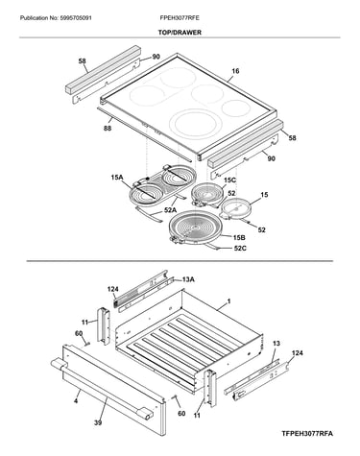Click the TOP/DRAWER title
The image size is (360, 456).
(x=180, y=33)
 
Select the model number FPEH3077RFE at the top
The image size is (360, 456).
(x=180, y=18)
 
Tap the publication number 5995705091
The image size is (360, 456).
(x=76, y=18)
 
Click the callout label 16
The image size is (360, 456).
(x=235, y=71)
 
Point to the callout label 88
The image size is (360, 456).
(x=108, y=128)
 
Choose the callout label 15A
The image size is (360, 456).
(x=117, y=177)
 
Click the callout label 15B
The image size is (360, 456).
(x=239, y=238)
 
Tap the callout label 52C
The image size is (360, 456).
(x=240, y=248)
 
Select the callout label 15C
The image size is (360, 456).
(x=229, y=180)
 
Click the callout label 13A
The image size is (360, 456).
(x=188, y=279)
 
